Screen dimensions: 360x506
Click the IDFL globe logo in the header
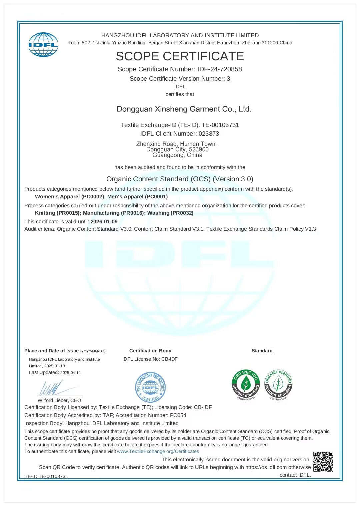(43, 45)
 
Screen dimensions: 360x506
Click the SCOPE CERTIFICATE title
(180, 56)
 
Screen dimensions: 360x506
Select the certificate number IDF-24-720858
(219, 69)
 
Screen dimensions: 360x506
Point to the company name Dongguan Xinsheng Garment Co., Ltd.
(184, 109)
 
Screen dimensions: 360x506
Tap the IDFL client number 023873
(209, 134)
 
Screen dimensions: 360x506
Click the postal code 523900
(199, 149)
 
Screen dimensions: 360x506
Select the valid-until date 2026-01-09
(104, 222)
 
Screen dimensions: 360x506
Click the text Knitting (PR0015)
(57, 213)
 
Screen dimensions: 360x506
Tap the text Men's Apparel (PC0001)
(137, 197)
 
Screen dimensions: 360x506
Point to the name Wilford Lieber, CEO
(59, 400)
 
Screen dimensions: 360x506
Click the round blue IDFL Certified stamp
(150, 387)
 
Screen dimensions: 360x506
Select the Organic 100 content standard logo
(246, 385)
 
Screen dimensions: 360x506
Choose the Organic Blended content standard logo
(278, 385)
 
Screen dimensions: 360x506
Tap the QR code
(323, 462)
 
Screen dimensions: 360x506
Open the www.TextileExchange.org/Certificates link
(158, 451)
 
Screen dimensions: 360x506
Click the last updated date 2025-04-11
(71, 373)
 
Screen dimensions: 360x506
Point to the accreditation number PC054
(178, 415)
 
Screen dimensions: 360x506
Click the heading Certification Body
(150, 351)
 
